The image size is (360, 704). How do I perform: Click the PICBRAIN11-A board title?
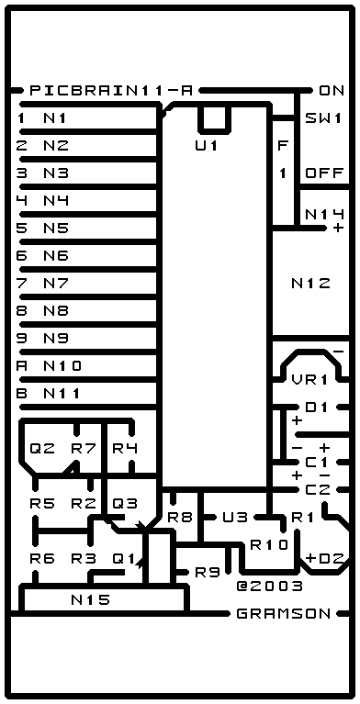pos(111,91)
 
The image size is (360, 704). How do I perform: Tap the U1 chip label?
pos(207,146)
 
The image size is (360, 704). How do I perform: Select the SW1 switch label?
pos(323,118)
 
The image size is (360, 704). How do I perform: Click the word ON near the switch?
pos(332,91)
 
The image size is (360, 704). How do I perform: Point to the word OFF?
pos(324,173)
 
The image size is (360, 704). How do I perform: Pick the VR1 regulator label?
pos(309,379)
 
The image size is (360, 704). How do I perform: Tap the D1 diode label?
pos(317,408)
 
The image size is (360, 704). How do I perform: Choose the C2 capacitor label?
pos(318,490)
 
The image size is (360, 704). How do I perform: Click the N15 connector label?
pos(90,599)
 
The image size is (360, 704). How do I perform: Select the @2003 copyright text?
pos(269,586)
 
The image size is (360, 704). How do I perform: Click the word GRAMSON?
pos(283,613)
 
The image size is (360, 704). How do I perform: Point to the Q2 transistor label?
pos(42,448)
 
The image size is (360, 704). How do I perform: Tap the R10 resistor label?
pos(269,544)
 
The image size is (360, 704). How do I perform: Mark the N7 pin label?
pos(56,284)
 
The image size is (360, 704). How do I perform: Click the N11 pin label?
pos(62,394)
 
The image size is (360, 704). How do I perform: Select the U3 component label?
pos(235,518)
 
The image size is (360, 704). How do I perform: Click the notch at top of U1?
pos(215,120)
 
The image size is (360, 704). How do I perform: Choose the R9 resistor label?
pos(208,572)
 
